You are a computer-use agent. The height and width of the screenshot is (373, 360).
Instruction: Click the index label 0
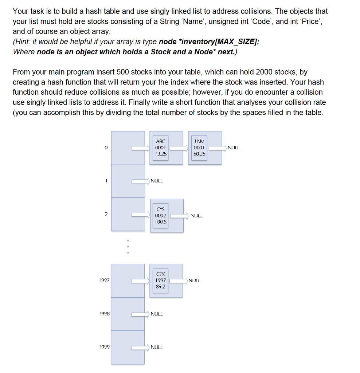[106, 148]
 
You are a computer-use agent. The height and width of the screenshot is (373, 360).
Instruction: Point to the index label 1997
[104, 280]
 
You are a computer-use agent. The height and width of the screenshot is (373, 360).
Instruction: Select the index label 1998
[104, 314]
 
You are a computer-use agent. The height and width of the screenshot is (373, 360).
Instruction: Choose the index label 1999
[104, 347]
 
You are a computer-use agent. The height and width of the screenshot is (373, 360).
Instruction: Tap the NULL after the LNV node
[233, 148]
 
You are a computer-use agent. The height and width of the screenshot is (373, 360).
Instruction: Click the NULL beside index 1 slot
[157, 181]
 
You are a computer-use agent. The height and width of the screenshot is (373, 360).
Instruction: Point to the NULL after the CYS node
[196, 216]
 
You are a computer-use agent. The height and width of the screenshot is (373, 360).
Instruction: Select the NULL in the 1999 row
[157, 347]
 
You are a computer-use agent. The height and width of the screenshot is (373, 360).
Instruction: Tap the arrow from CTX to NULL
[179, 280]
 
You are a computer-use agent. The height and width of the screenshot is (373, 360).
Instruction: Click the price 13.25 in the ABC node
[161, 154]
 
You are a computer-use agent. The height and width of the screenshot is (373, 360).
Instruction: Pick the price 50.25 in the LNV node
[199, 154]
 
